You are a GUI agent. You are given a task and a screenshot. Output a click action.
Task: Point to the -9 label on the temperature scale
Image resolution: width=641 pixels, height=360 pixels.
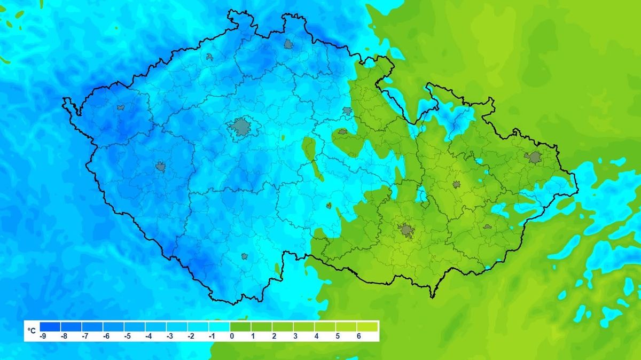point(43,336)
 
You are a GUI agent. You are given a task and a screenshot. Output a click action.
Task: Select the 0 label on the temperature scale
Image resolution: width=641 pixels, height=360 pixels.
point(232,336)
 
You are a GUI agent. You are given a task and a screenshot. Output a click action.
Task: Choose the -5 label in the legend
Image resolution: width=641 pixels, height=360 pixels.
point(127,336)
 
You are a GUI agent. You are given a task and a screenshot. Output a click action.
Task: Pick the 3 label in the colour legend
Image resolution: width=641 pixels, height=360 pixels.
point(295,336)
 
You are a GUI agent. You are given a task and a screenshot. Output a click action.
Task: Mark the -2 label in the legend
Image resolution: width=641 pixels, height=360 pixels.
point(190,336)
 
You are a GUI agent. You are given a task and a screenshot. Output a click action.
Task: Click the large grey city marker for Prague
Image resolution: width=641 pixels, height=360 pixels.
point(241,127)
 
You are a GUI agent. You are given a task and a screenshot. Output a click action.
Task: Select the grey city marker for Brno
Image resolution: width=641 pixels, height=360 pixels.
point(406,230)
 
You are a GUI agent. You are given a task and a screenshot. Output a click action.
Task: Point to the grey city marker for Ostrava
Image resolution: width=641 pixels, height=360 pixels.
point(533,157)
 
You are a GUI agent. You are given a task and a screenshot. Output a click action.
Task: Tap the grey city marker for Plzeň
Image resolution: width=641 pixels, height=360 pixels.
point(161,167)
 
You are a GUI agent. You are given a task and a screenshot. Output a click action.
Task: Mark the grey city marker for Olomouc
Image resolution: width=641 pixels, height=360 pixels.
point(456,184)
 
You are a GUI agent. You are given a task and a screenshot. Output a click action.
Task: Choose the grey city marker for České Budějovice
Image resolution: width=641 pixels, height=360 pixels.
point(245,256)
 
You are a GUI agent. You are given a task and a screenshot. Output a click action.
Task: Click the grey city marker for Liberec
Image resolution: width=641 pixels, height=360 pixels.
point(289,44)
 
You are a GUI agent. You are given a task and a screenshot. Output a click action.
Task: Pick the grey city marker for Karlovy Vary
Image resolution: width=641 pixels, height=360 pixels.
point(121,107)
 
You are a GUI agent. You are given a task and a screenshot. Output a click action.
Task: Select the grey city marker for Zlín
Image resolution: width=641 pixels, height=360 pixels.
point(487,226)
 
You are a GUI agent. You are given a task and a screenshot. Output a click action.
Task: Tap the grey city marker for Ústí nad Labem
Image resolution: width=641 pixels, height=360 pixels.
point(209,57)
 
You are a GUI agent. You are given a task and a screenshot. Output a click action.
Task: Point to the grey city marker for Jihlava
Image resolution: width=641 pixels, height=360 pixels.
point(329,205)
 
